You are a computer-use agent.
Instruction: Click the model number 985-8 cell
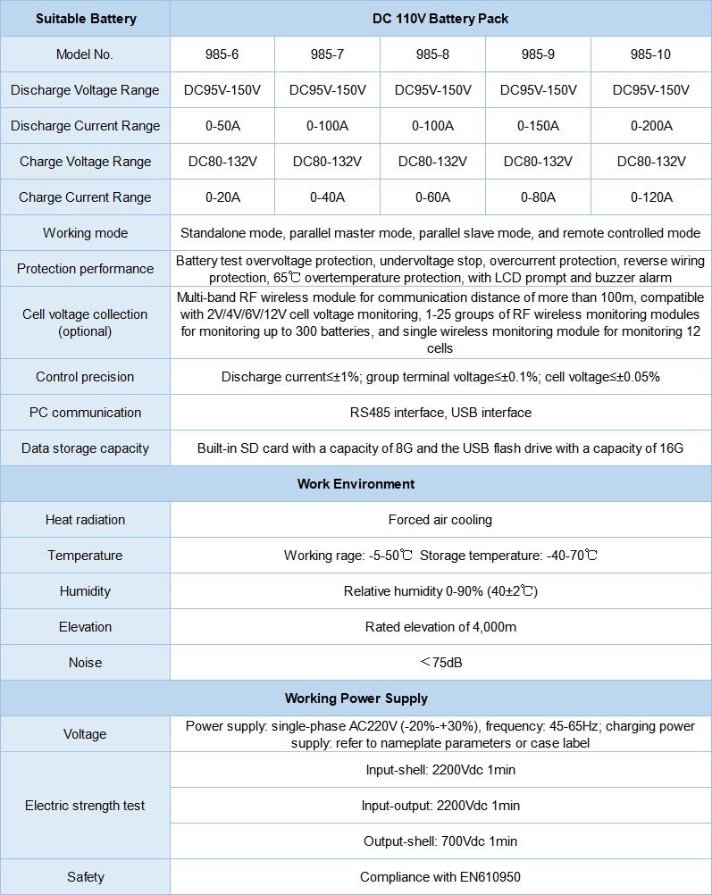[x=432, y=54]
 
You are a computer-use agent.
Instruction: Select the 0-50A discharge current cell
[x=222, y=126]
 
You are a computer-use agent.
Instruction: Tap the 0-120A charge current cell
[x=650, y=197]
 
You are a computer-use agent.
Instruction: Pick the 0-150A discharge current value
[x=538, y=126]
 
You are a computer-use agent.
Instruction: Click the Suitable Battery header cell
[x=85, y=19]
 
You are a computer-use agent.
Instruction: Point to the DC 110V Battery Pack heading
[x=440, y=19]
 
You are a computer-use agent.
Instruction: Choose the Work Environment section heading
[x=356, y=484]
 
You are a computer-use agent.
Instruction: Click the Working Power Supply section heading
[x=356, y=698]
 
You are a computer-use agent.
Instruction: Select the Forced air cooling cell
[x=440, y=520]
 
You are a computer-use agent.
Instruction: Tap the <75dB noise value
[x=440, y=663]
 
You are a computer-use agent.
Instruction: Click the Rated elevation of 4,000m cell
[x=440, y=627]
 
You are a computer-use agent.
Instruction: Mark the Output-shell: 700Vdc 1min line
[x=440, y=841]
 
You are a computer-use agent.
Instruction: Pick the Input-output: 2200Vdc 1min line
[x=440, y=806]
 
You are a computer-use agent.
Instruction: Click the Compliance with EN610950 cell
[x=440, y=877]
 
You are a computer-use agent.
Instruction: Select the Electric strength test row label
[x=85, y=806]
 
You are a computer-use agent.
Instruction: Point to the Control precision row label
[x=85, y=377]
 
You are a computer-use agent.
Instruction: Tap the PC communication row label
[x=85, y=413]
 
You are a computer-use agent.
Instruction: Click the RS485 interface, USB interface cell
[x=440, y=413]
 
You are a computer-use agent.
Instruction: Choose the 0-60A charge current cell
[x=432, y=197]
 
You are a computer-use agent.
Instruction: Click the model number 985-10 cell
[x=650, y=54]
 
